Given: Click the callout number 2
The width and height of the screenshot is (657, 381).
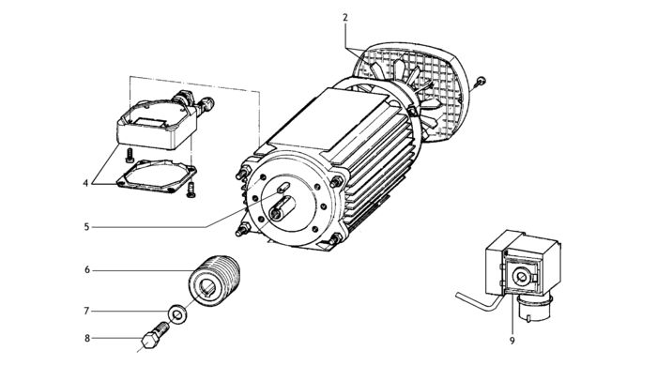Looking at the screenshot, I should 345,18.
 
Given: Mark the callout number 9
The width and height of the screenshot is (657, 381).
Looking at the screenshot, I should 512,341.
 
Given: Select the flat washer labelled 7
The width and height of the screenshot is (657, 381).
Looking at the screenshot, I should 176,312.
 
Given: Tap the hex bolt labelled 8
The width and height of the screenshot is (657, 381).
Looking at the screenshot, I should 152,336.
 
